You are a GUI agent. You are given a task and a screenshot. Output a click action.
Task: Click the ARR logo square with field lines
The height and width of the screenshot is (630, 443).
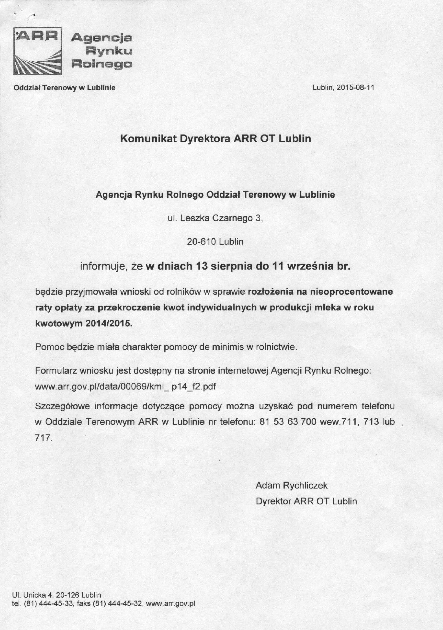pos(38,51)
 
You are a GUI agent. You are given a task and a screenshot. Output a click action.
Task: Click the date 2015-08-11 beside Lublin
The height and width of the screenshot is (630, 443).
pos(355,88)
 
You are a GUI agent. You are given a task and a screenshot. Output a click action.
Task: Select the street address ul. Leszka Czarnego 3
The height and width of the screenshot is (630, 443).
pos(215,218)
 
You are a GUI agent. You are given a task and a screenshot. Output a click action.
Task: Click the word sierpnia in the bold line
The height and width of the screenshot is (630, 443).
pos(231,267)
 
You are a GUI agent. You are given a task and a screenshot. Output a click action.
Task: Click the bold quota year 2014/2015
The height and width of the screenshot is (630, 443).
pos(109,324)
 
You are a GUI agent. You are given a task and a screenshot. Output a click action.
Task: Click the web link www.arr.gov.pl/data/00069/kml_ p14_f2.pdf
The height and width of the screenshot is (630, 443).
pos(126,387)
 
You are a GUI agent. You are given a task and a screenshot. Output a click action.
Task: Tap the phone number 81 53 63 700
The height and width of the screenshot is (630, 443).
pos(288,422)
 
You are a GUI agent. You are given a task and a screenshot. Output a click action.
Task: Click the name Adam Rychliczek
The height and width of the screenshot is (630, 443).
pos(291,485)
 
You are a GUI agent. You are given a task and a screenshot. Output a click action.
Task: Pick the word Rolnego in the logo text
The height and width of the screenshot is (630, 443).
pos(101,65)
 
